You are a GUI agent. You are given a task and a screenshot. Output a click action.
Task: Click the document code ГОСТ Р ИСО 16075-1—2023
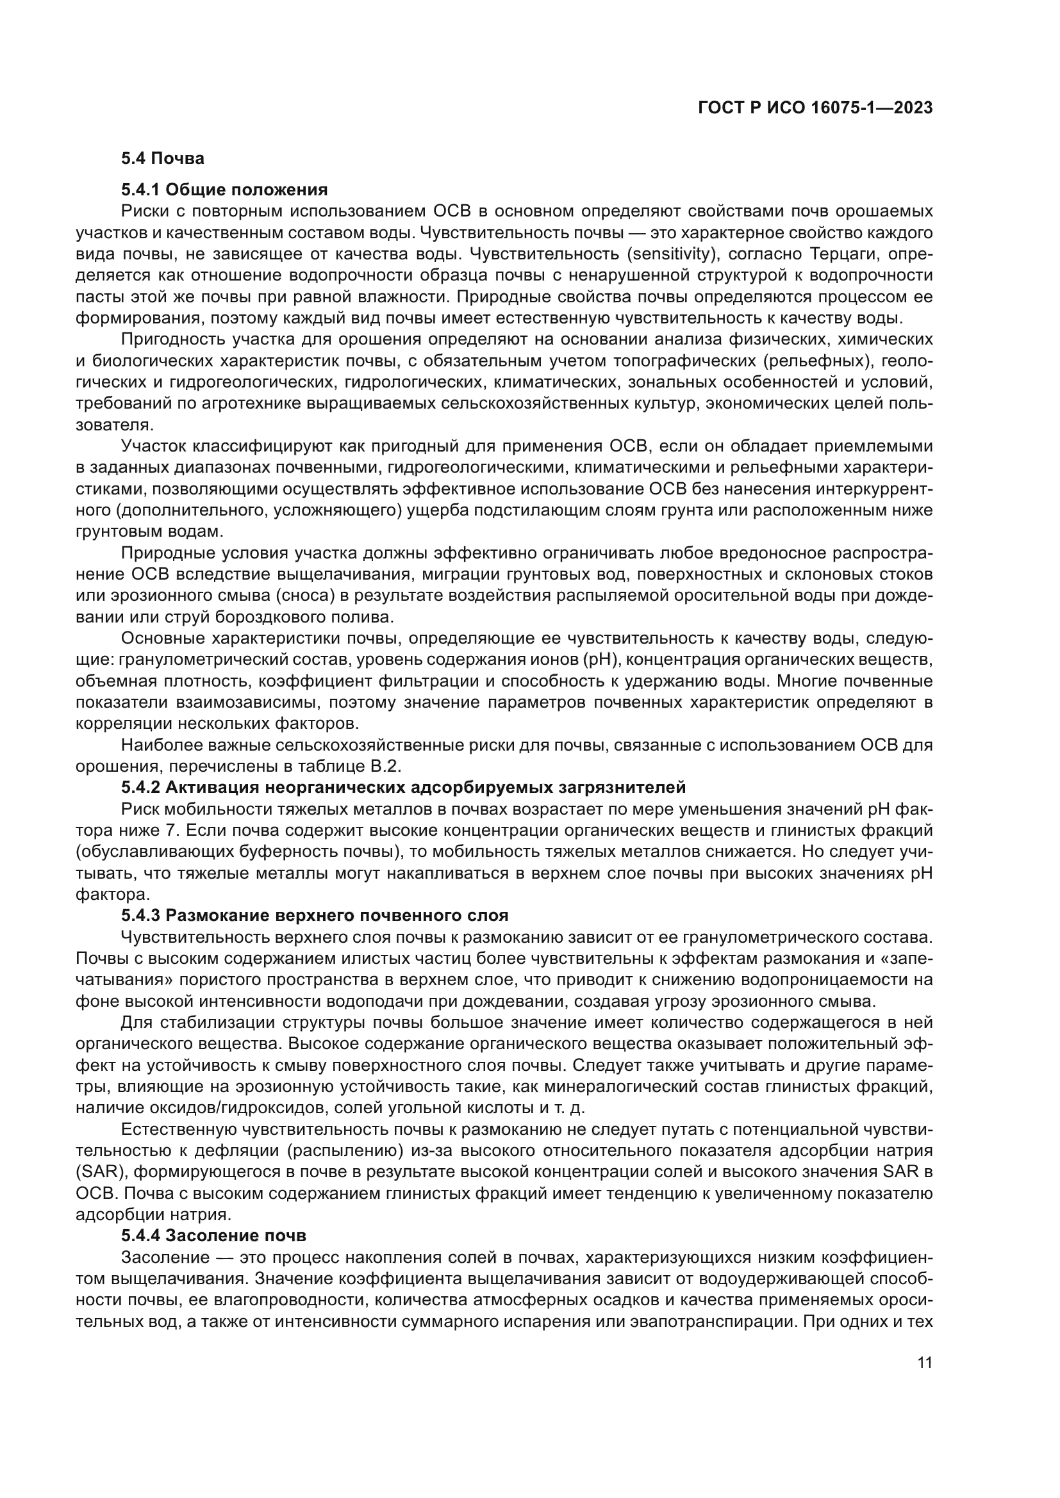point(815,108)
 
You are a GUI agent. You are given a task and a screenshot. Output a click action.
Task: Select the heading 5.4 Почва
point(163,159)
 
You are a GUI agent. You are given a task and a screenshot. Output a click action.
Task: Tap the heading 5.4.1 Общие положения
point(224,190)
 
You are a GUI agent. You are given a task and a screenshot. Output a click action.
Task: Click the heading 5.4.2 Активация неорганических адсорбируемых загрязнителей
point(402,788)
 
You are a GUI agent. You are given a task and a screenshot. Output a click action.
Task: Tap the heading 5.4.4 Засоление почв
point(213,1235)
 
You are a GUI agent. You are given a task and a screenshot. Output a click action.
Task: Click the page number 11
point(924,1363)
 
